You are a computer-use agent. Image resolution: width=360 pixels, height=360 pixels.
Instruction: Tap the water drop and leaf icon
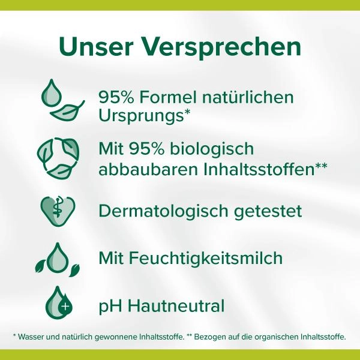(62, 102)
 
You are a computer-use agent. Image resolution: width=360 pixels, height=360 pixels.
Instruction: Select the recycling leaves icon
(59, 159)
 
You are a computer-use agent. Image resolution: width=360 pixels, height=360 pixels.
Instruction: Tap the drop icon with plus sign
(59, 304)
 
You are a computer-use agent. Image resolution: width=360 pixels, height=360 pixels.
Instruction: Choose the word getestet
(266, 212)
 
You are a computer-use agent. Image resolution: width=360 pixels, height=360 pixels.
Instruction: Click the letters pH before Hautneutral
(109, 307)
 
